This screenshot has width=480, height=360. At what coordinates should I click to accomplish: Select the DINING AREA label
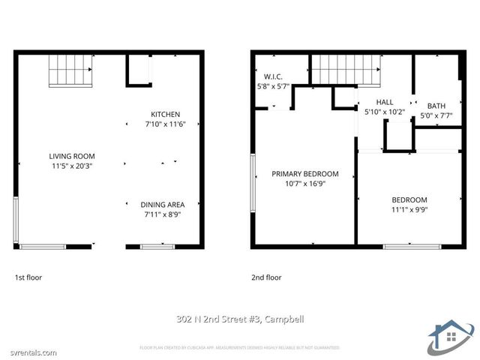tap(162, 204)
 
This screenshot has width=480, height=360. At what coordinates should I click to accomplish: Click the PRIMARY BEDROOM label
tap(304, 173)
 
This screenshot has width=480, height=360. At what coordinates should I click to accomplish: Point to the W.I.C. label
tap(273, 76)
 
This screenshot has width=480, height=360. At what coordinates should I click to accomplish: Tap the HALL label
tap(384, 102)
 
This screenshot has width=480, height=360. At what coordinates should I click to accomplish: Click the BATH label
tap(436, 106)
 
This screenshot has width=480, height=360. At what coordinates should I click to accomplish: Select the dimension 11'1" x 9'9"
tap(409, 210)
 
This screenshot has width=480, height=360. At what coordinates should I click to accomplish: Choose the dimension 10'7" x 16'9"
tap(304, 184)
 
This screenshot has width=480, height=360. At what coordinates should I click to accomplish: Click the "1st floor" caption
tap(28, 277)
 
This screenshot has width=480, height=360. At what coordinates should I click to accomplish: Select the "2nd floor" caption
tap(267, 277)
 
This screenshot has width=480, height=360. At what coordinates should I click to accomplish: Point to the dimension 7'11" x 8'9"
tap(162, 214)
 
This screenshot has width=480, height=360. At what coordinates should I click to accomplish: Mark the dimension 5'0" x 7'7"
tap(436, 115)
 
